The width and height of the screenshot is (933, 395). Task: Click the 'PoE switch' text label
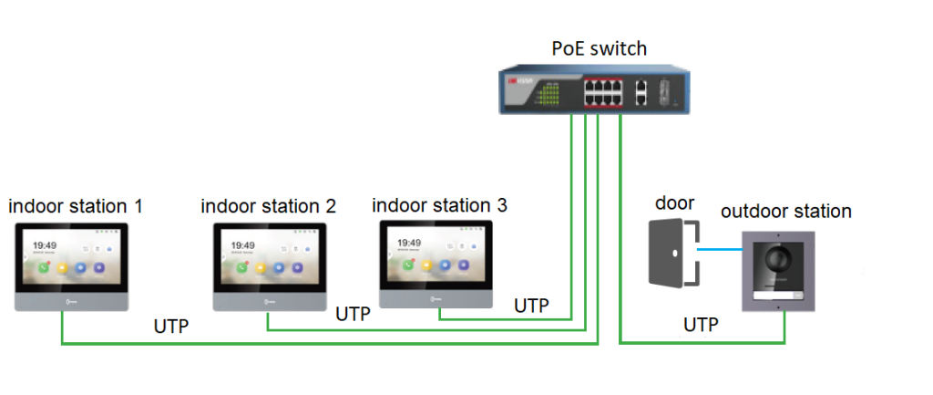[600, 47]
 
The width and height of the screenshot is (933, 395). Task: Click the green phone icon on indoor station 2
[241, 268]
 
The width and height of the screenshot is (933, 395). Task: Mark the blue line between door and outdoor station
[720, 247]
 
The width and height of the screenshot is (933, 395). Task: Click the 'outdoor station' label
[785, 212]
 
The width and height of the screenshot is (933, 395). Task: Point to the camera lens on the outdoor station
[779, 258]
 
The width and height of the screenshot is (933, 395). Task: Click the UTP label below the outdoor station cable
[701, 324]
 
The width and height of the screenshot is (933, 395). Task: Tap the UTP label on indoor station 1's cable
[171, 326]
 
